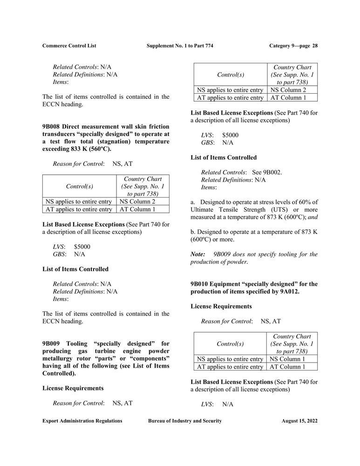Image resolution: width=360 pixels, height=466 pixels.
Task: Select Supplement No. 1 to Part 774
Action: pos(180,46)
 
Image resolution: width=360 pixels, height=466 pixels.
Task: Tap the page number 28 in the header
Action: pos(315,46)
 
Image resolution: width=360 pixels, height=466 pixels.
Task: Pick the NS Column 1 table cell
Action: pos(287,359)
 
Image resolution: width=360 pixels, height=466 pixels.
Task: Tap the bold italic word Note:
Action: pos(198,254)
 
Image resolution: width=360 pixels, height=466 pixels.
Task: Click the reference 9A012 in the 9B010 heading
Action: pos(290,292)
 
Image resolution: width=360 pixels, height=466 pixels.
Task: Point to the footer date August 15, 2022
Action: pos(299,421)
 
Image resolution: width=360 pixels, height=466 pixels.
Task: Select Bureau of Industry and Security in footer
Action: pos(185,421)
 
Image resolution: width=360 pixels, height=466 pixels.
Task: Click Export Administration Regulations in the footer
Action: pos(82,421)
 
